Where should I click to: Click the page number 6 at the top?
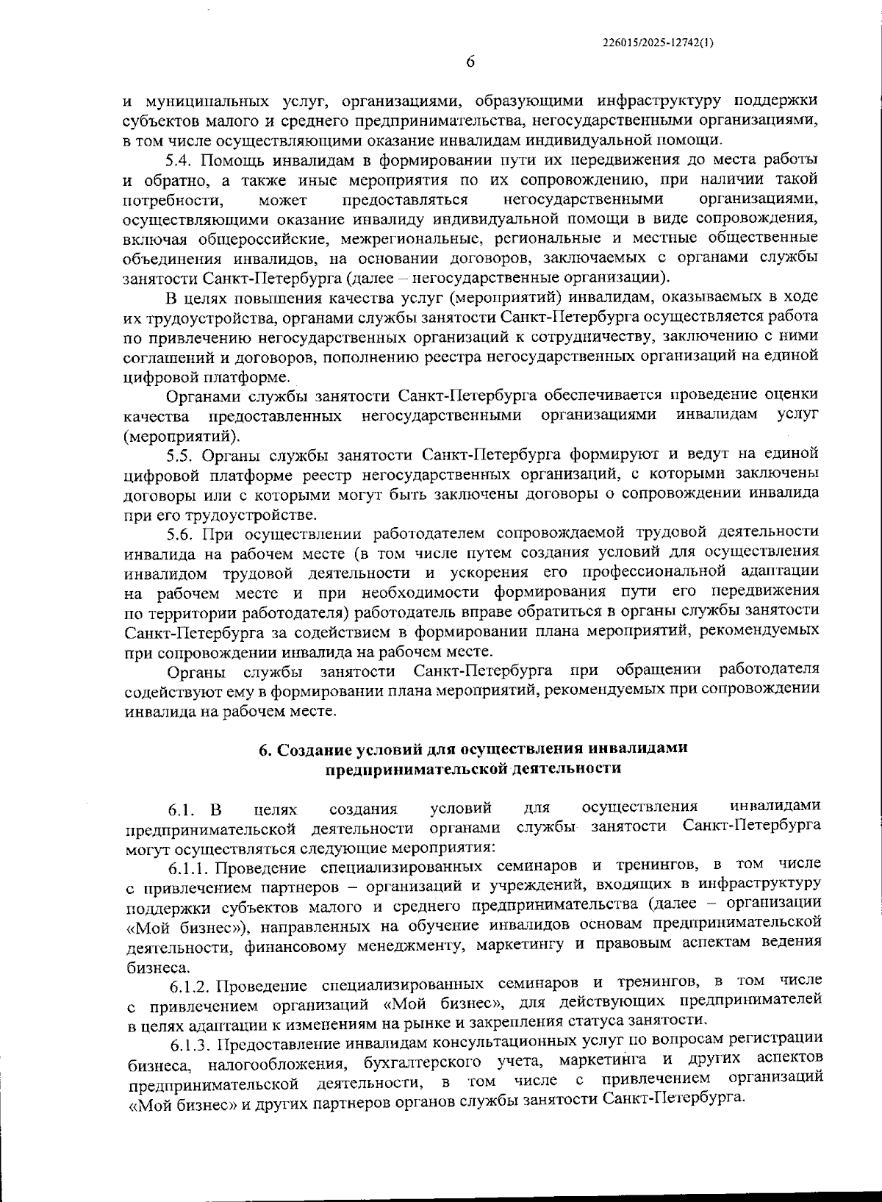(x=470, y=62)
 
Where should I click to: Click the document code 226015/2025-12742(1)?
(x=656, y=42)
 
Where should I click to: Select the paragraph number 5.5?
(x=180, y=454)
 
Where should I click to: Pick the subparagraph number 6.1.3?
(x=191, y=1043)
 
